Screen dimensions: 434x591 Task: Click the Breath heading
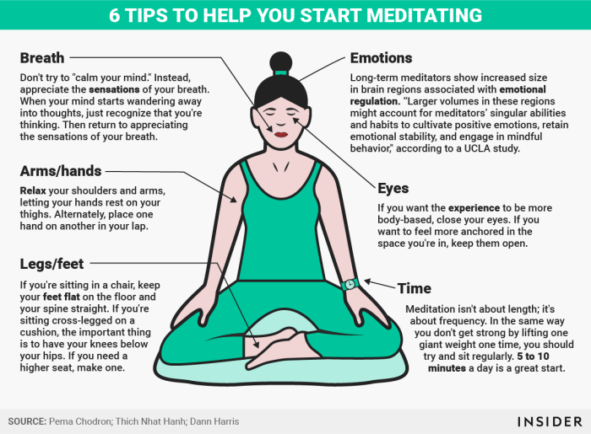tap(42, 58)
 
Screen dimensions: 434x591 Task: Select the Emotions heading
tap(381, 58)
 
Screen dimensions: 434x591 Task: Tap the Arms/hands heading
tap(61, 172)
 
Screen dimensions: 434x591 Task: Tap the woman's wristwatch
tap(350, 284)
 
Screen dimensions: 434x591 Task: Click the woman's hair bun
tap(280, 62)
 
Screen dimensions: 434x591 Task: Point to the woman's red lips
tap(279, 131)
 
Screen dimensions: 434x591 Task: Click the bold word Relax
tap(35, 189)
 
